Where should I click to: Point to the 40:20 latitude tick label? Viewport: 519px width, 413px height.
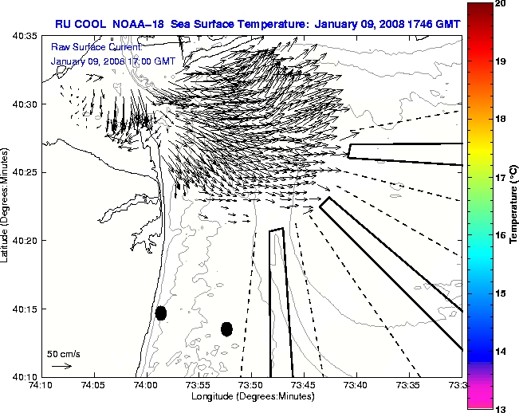tap(26, 240)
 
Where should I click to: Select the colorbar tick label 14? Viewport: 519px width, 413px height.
tap(501, 351)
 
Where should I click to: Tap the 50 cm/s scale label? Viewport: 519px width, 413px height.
tap(64, 353)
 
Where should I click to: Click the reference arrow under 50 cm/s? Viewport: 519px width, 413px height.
tap(61, 366)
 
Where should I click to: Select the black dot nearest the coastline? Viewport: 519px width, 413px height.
tap(161, 313)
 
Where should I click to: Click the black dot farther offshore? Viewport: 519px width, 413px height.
tap(226, 328)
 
